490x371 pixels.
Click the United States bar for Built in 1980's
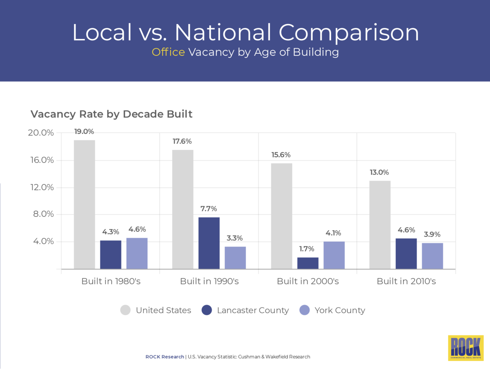(84, 204)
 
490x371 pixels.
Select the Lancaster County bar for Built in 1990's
(209, 243)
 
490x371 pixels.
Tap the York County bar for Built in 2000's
(334, 255)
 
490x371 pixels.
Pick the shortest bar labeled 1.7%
(308, 263)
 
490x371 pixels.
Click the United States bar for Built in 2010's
(380, 225)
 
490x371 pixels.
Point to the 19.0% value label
(84, 132)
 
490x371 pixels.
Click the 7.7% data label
(209, 209)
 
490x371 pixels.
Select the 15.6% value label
(281, 155)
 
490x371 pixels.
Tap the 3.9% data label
(432, 234)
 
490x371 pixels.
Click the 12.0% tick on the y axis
(42, 187)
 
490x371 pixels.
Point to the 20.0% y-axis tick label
(41, 133)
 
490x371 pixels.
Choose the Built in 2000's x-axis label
(308, 281)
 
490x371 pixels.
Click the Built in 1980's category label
(111, 281)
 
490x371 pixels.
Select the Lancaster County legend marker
(207, 310)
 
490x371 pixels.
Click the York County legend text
(340, 310)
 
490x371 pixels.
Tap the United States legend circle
(126, 310)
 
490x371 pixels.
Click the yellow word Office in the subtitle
(168, 52)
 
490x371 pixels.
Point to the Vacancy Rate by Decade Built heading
(111, 114)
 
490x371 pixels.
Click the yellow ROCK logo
(465, 348)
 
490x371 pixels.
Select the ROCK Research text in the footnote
(165, 357)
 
